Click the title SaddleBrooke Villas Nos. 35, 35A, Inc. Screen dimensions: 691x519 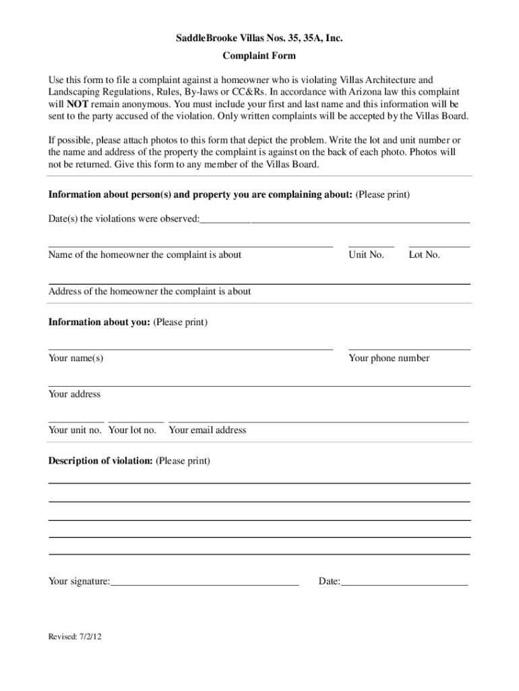pyautogui.click(x=259, y=39)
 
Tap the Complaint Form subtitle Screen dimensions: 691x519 pyautogui.click(x=259, y=55)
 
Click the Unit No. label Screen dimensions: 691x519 pyautogui.click(x=366, y=255)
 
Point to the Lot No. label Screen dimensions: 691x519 pyautogui.click(x=424, y=255)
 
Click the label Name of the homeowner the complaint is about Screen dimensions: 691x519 pyautogui.click(x=145, y=255)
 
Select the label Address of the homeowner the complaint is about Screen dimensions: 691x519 pyautogui.click(x=150, y=292)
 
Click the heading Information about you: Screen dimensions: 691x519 pyautogui.click(x=99, y=323)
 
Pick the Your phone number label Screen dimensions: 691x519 pyautogui.click(x=389, y=358)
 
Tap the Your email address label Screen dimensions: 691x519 pyautogui.click(x=208, y=430)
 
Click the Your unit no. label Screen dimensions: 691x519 pyautogui.click(x=75, y=430)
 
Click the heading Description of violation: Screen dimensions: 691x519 pyautogui.click(x=100, y=461)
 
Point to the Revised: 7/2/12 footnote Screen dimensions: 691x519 pyautogui.click(x=74, y=636)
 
